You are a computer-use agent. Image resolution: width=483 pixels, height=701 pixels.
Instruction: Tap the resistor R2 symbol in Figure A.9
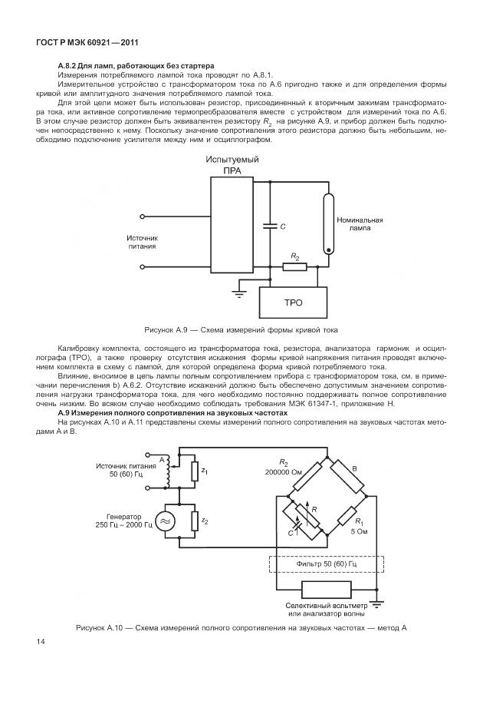[x=294, y=266]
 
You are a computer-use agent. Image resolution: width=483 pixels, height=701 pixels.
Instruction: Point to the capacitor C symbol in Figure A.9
[x=270, y=226]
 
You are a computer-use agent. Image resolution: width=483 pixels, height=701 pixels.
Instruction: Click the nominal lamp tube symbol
[x=330, y=223]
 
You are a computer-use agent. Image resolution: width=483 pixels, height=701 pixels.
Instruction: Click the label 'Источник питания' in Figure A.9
[x=142, y=243]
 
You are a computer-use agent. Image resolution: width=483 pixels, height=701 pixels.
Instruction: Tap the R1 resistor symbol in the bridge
[x=347, y=517]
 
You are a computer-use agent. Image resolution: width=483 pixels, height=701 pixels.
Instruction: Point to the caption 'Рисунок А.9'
[x=241, y=329]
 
